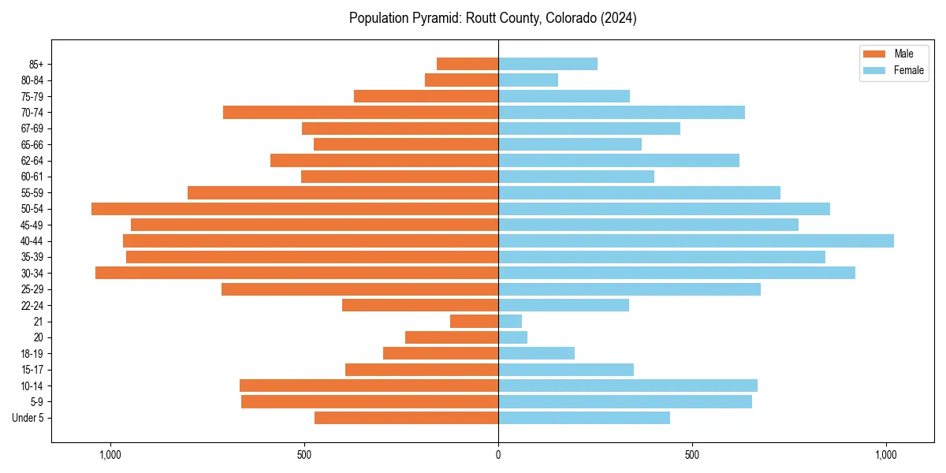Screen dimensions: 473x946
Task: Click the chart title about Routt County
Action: [x=493, y=18]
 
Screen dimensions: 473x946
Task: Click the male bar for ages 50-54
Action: [x=295, y=209]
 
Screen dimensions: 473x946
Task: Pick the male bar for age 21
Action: [x=474, y=322]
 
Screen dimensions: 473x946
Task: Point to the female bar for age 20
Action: [x=512, y=337]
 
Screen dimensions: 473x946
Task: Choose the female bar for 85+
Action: [x=548, y=64]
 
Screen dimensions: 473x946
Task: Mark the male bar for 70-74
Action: [x=360, y=113]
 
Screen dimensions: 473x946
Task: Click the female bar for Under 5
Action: [x=584, y=418]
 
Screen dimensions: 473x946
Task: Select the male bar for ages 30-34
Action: [x=296, y=274]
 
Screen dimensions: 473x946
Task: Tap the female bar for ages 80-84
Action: [x=528, y=80]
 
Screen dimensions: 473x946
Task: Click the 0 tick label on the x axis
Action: [x=498, y=455]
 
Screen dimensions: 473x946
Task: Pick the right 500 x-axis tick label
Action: [x=692, y=455]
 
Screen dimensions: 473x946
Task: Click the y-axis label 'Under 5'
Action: [x=28, y=418]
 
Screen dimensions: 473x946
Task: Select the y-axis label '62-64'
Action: [x=32, y=161]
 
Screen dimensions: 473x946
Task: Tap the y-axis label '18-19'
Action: [x=32, y=354]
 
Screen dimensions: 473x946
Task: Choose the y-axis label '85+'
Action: [x=35, y=64]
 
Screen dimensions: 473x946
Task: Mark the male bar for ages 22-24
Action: [x=420, y=305]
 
